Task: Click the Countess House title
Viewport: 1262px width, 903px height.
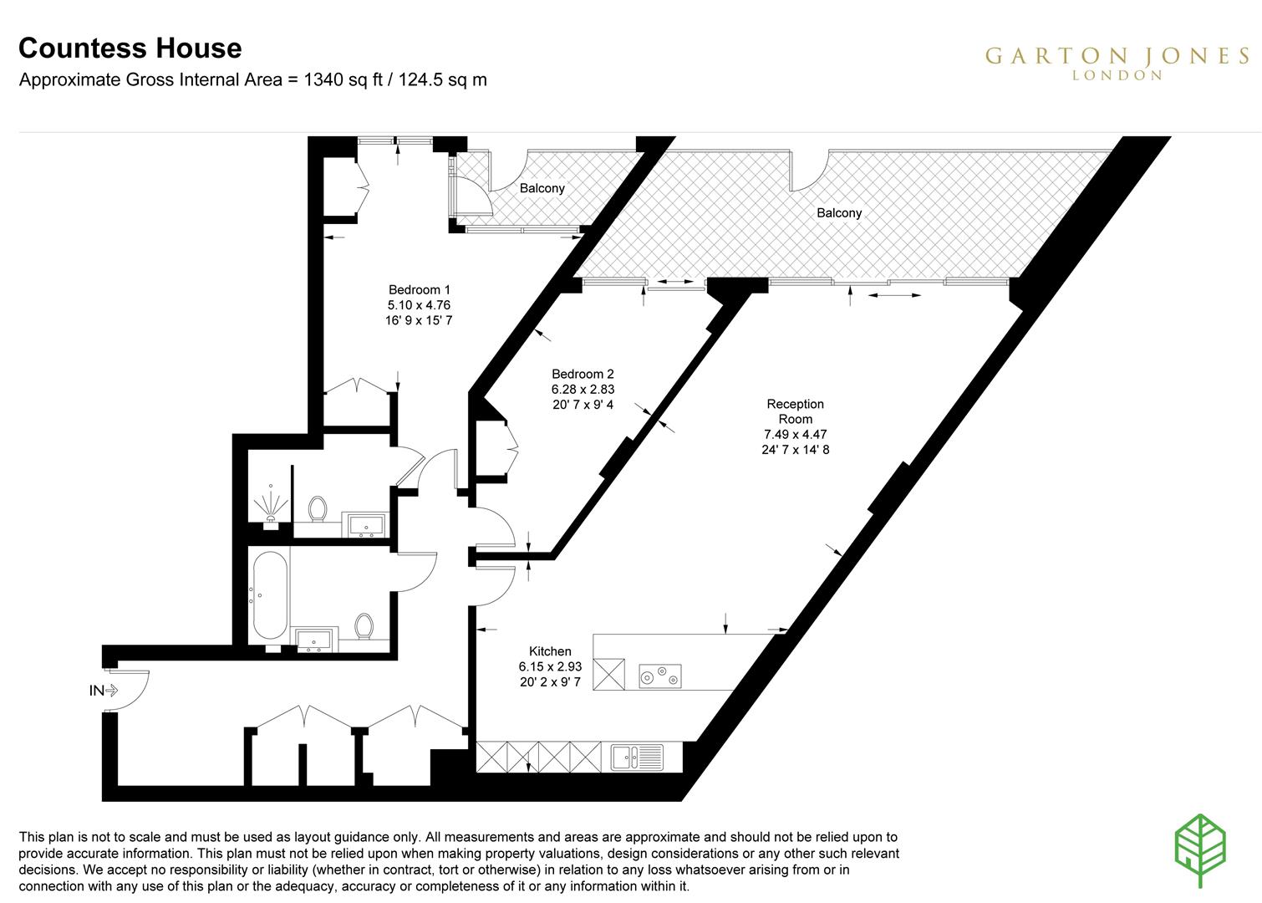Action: (130, 48)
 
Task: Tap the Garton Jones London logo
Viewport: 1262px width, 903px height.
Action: (1117, 62)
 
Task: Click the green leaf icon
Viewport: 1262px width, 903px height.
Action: (1200, 850)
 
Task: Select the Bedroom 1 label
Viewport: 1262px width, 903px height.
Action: (419, 290)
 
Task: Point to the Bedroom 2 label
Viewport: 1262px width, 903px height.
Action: (583, 374)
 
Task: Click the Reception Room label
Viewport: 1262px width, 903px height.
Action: (795, 411)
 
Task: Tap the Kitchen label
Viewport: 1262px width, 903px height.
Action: (550, 651)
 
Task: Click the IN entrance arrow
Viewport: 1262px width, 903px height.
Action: (105, 691)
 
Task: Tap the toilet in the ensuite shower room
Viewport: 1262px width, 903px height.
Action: (318, 508)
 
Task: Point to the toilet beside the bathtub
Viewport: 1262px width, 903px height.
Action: (364, 625)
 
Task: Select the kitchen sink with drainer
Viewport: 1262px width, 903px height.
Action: (637, 758)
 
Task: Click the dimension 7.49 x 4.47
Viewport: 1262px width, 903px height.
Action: (795, 434)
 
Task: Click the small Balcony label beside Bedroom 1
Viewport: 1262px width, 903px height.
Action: (542, 188)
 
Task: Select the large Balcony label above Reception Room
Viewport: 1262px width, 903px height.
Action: (838, 212)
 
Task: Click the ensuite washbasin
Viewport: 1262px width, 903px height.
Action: (365, 525)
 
